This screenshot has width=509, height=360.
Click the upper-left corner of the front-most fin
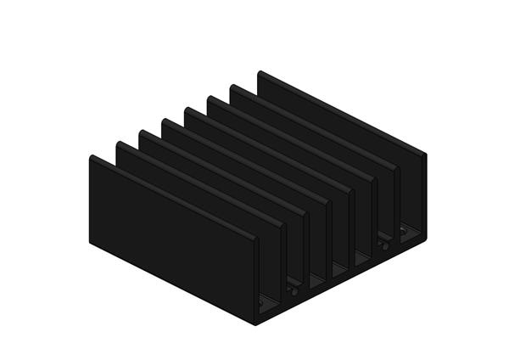pyautogui.click(x=90, y=156)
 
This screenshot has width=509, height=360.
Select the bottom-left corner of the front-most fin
pyautogui.click(x=90, y=246)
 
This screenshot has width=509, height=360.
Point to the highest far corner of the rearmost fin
pyautogui.click(x=259, y=71)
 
